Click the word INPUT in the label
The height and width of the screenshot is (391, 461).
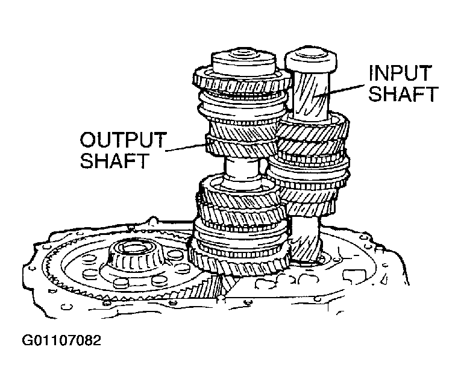point(400,74)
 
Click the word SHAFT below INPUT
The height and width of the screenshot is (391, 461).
point(403,95)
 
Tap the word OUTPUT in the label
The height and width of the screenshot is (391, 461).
point(122,140)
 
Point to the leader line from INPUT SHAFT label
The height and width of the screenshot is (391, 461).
point(346,87)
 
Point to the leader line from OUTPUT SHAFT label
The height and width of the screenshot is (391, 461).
point(187,146)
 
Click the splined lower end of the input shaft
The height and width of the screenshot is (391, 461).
point(307,238)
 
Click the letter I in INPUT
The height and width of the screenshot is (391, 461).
point(372,74)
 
